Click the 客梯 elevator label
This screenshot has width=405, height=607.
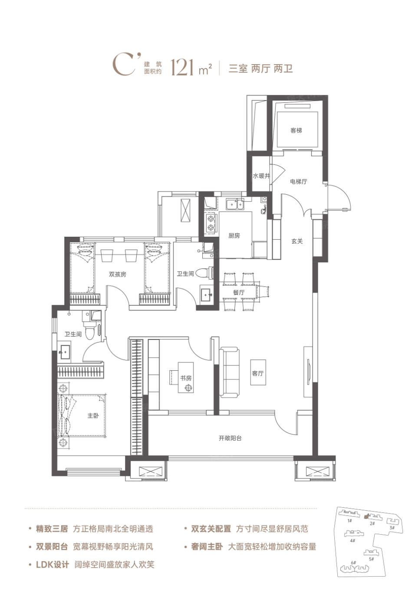tap(296, 131)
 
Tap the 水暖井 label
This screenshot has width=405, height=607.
tap(261, 176)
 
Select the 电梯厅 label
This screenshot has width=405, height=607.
tap(298, 182)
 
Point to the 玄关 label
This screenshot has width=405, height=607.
tap(297, 241)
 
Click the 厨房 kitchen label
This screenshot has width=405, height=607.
tap(234, 235)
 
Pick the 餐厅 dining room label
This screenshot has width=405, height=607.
tap(238, 292)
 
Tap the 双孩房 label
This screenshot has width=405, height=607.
tap(118, 274)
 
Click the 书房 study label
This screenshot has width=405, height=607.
tap(186, 378)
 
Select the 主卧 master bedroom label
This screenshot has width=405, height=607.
tap(93, 415)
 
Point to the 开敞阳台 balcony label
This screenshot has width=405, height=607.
tap(230, 438)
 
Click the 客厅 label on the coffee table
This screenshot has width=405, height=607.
tap(258, 373)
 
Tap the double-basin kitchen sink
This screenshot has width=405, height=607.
tap(235, 204)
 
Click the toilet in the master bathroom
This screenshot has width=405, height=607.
tap(90, 331)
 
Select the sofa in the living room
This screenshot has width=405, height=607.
tap(229, 372)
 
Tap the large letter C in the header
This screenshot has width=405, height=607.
tap(124, 65)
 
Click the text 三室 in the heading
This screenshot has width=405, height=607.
tap(238, 69)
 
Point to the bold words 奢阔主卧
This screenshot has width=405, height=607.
tap(207, 547)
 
